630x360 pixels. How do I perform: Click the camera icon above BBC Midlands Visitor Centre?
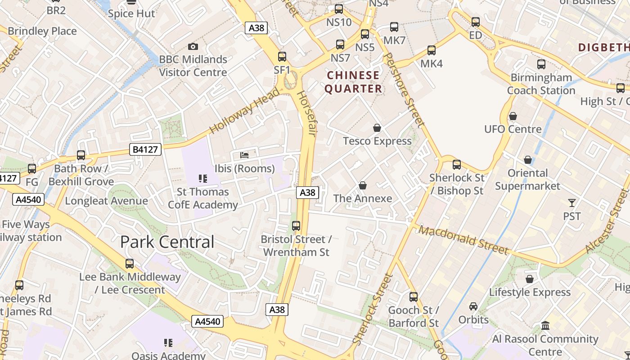coord(193,46)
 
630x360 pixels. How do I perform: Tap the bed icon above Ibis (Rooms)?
coord(244,155)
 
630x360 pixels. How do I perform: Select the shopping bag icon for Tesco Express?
coord(377,128)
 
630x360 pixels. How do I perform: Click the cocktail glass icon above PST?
coord(572,203)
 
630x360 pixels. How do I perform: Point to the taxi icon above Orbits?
coord(473,306)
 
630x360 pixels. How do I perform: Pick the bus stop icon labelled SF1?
coord(282,57)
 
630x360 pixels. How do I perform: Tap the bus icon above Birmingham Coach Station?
coord(541,64)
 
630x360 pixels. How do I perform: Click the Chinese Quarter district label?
coord(354,81)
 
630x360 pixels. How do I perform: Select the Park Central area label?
coord(167,242)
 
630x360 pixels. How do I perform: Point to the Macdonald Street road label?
coord(463,240)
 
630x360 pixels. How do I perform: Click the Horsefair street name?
coord(306,114)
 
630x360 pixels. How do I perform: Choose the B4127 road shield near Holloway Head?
coord(145,149)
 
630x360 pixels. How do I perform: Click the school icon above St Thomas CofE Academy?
coord(203,179)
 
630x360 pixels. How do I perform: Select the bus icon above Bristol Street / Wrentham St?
coord(296,226)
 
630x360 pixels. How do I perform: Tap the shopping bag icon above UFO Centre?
coord(513,117)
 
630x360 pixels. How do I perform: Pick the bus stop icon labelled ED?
coord(476,22)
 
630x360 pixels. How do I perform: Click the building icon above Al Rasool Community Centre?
coord(545,325)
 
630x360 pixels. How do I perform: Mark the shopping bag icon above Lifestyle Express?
coord(530,279)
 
